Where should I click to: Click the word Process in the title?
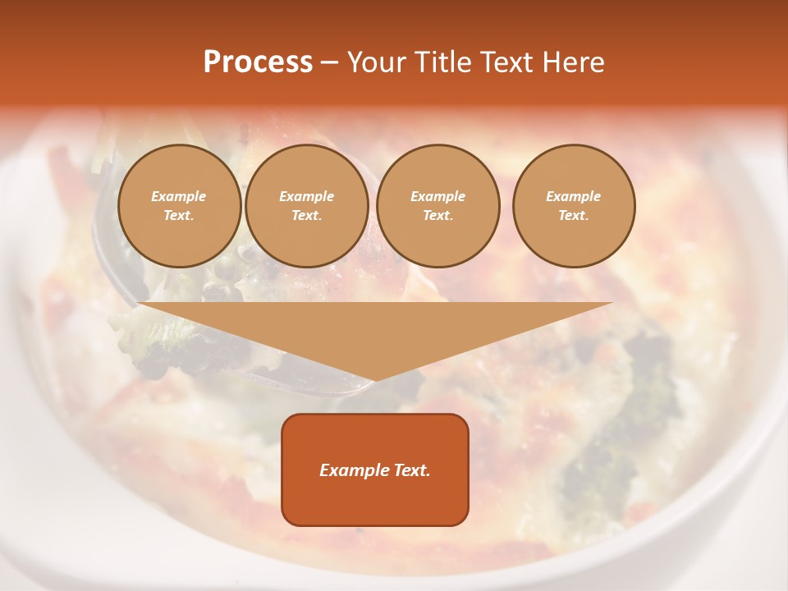258,62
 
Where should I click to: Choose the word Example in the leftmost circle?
179,196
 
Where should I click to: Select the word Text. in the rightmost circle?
574,215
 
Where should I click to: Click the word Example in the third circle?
438,196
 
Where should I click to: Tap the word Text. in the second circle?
307,215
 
